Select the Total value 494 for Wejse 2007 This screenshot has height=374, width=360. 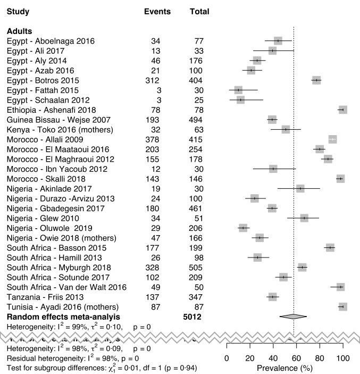point(198,120)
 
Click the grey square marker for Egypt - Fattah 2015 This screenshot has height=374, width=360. point(238,90)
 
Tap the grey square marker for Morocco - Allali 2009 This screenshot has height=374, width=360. point(333,139)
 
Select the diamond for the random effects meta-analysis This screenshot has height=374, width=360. point(293,317)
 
